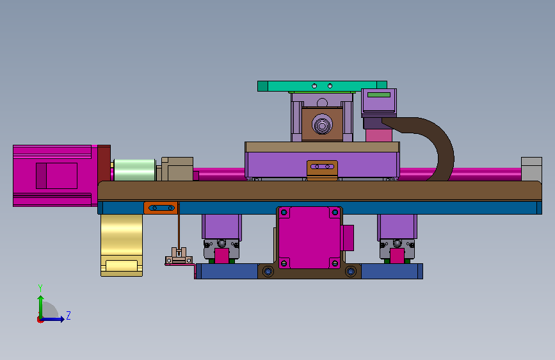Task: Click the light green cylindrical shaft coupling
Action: (x=134, y=170)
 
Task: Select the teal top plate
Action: (x=322, y=86)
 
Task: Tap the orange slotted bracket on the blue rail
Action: (x=161, y=208)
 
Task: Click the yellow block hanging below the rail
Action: (x=122, y=245)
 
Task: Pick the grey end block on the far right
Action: (x=531, y=169)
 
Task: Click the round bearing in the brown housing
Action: (x=322, y=125)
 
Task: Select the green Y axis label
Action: (x=40, y=288)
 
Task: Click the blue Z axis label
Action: (x=68, y=315)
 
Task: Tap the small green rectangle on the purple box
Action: (x=379, y=95)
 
